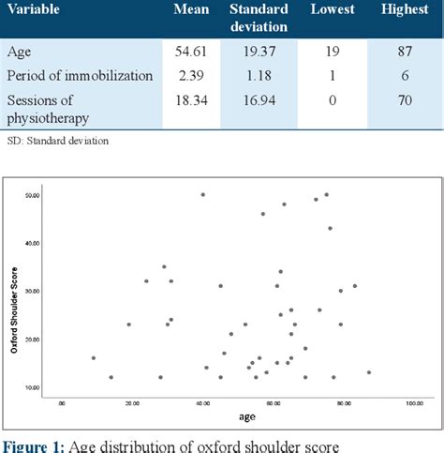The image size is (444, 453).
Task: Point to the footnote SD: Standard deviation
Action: point(56,141)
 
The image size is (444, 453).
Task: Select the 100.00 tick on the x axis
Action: point(413,404)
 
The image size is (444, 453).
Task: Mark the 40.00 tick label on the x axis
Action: point(202,404)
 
